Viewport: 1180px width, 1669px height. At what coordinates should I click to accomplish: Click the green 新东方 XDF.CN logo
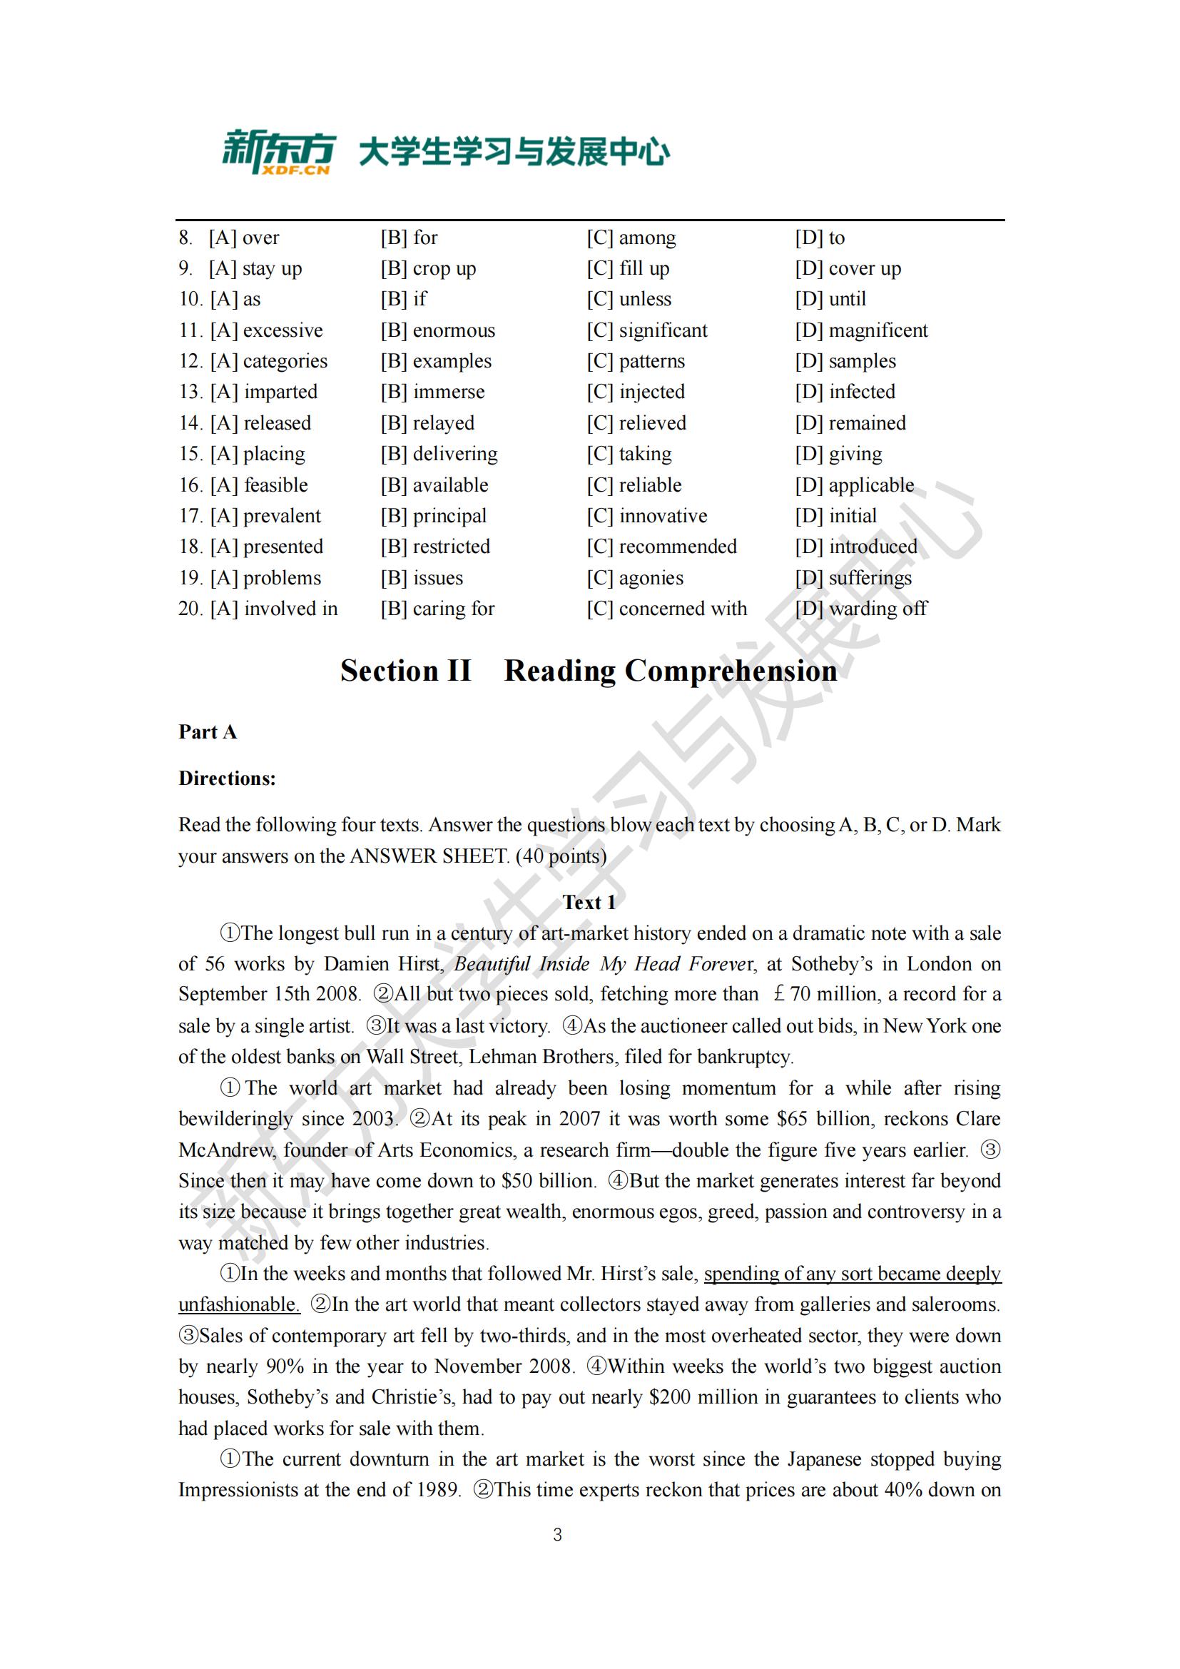[x=278, y=152]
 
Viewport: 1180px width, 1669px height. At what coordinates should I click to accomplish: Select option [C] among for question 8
[x=631, y=238]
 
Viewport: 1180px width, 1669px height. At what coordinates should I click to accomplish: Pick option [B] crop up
[x=428, y=268]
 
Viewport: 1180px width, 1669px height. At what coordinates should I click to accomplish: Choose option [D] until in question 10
[x=830, y=299]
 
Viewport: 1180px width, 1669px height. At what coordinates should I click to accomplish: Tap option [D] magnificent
[x=861, y=330]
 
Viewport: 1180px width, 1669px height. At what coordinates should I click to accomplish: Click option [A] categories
[x=269, y=361]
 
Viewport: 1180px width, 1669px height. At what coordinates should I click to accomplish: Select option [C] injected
[x=636, y=392]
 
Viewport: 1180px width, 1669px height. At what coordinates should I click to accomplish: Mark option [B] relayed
[x=427, y=423]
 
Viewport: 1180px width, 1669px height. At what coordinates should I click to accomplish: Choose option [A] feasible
[x=260, y=485]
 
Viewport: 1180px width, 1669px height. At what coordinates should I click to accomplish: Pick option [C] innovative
[x=646, y=516]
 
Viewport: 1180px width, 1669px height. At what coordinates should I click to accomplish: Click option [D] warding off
[x=860, y=609]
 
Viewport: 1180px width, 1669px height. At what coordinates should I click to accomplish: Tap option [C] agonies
[x=635, y=578]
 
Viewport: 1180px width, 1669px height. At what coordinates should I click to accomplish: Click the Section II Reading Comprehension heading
[x=589, y=670]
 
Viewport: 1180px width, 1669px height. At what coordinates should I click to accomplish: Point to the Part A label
[x=208, y=731]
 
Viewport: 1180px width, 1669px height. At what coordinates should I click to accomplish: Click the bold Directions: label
[x=228, y=778]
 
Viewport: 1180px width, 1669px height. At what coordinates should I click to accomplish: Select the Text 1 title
[x=589, y=902]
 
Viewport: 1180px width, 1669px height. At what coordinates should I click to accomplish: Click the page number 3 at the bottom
[x=557, y=1535]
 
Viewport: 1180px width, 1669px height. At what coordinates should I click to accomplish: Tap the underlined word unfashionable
[x=239, y=1304]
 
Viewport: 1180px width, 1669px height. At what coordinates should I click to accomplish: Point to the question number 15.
[x=190, y=454]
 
